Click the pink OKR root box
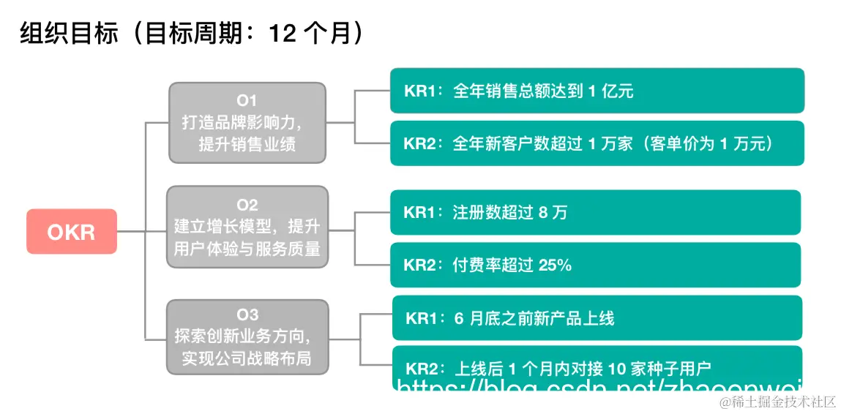coord(72,232)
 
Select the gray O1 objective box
coord(247,122)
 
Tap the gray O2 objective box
coord(247,227)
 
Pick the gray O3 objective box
coord(247,336)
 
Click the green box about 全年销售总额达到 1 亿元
coord(597,91)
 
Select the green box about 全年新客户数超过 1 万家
coord(597,143)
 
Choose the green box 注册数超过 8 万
coord(595,212)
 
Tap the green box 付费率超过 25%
coord(595,265)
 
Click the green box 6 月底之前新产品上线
coord(597,318)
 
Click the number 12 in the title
coord(283,33)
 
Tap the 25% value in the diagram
coord(555,266)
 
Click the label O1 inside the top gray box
coord(247,100)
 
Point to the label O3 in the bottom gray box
coord(247,315)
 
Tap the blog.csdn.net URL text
coord(597,385)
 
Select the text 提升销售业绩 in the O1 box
coord(247,144)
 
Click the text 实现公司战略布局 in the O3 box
coord(247,358)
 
